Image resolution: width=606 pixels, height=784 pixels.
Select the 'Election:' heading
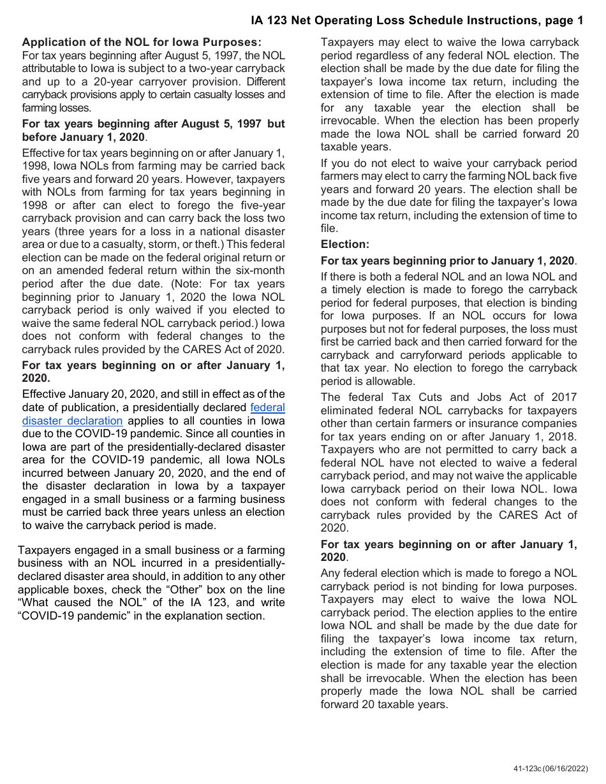tap(344, 244)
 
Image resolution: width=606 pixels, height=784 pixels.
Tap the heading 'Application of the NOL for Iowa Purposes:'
tap(142, 42)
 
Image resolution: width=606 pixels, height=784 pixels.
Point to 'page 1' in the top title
tap(564, 20)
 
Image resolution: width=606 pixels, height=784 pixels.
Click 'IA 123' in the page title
tap(270, 20)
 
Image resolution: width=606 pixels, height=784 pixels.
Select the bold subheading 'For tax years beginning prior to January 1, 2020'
tap(447, 261)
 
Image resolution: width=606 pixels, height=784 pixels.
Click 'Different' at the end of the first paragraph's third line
tap(265, 82)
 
